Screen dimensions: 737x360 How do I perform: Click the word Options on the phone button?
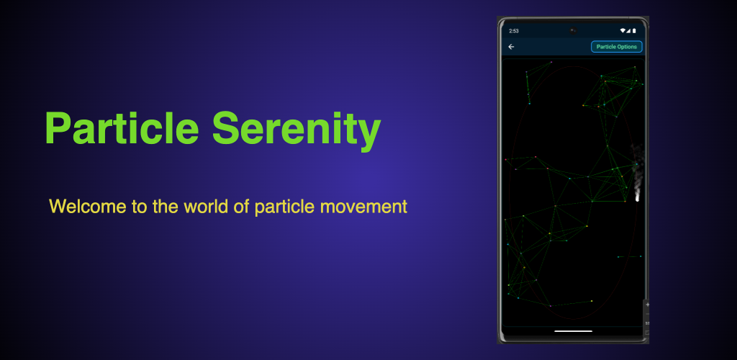tap(627, 47)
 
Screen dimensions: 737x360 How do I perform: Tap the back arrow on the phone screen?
tap(511, 47)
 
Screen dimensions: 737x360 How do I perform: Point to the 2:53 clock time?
tap(514, 31)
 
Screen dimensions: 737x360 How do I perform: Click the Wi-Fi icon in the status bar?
tap(623, 30)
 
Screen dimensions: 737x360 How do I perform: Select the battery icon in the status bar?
tap(634, 30)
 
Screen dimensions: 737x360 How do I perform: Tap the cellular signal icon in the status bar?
tap(628, 30)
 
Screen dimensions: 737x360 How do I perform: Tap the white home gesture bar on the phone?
tap(573, 331)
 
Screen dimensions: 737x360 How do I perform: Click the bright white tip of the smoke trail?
tap(638, 198)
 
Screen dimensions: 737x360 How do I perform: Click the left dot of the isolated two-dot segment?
tap(618, 256)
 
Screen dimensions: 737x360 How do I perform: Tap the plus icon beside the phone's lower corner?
tap(647, 305)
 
